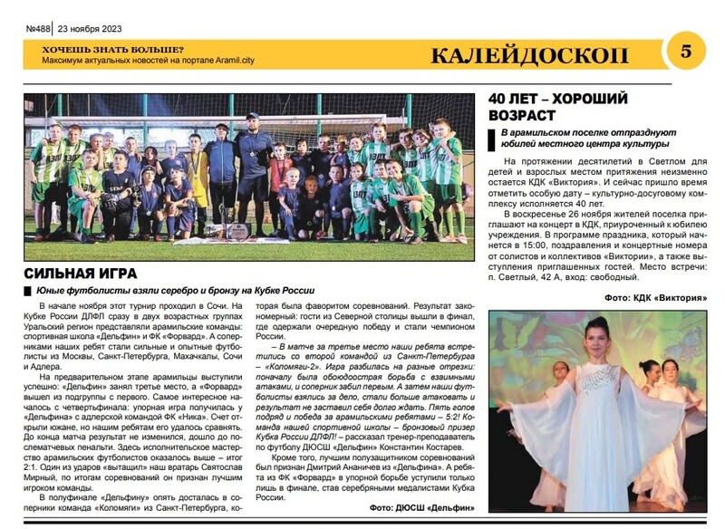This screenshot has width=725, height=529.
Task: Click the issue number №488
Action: (x=37, y=29)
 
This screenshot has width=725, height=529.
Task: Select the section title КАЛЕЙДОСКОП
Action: (x=543, y=55)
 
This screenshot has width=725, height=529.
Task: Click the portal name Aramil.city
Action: (x=258, y=61)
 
